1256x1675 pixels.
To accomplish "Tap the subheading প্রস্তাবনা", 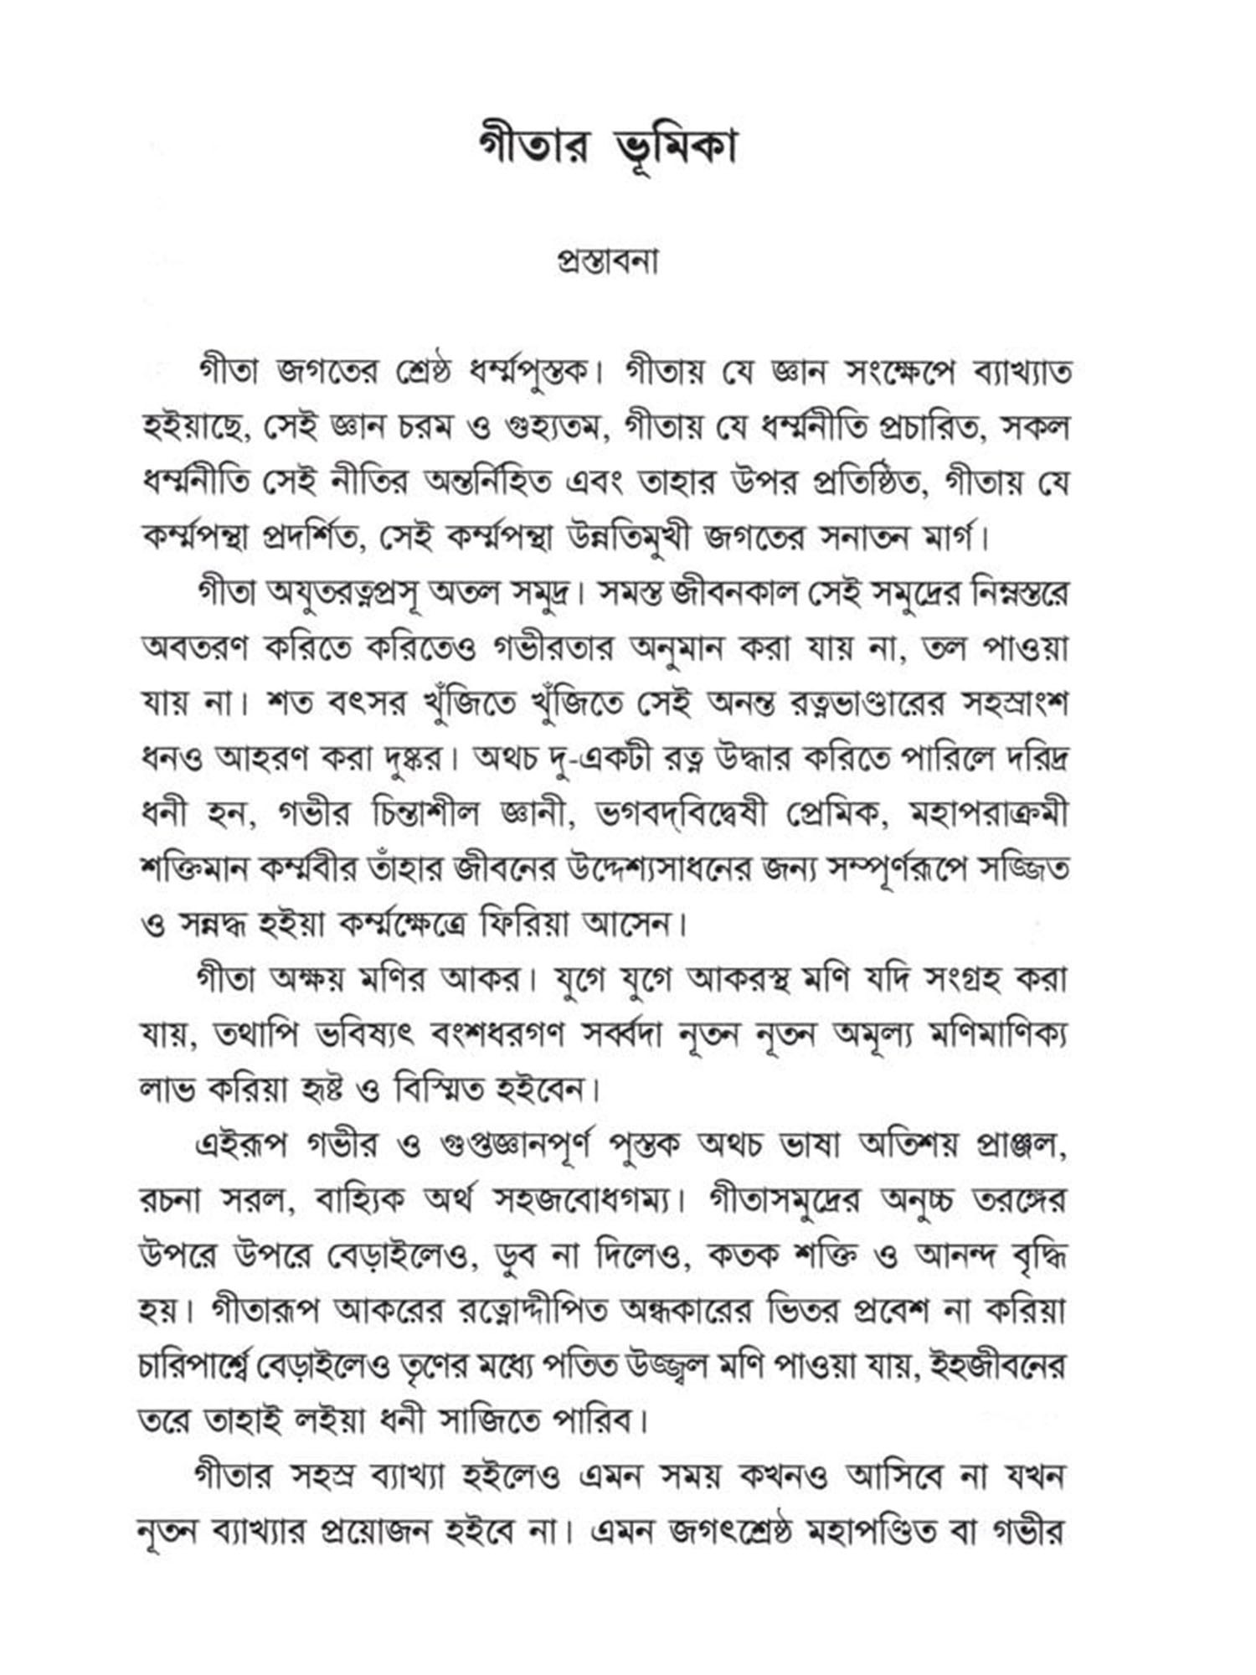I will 608,261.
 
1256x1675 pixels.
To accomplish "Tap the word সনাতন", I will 853,538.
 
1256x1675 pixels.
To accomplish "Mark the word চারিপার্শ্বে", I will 210,1366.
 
